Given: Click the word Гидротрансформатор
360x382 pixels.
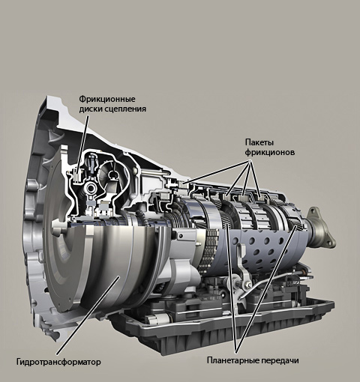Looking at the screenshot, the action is point(58,362).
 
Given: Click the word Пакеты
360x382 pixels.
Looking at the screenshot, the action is point(259,142).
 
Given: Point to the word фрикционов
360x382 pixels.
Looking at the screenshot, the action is point(270,152).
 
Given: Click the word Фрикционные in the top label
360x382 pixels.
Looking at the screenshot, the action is point(107,99).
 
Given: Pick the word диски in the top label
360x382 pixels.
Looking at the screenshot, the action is point(90,109).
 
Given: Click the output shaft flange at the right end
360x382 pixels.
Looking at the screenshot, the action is point(322,228).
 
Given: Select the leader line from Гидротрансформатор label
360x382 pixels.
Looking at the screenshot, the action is point(88,315).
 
